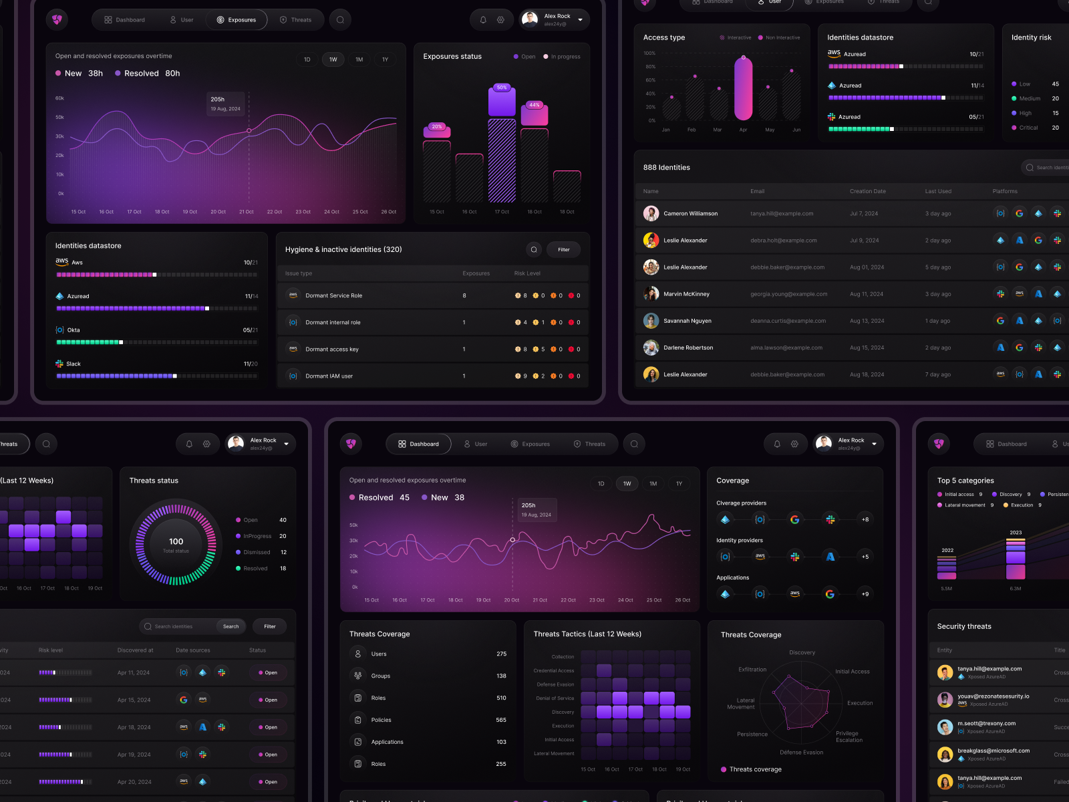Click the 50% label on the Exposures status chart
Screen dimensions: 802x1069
502,88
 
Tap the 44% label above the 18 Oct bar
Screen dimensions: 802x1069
534,105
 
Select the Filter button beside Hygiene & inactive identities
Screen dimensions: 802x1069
564,249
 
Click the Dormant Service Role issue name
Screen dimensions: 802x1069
333,295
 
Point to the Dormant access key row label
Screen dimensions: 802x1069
331,349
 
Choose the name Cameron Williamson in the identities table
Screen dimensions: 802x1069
690,214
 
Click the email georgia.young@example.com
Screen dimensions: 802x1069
788,294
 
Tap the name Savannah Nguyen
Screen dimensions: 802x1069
687,321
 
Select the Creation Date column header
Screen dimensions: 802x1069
867,191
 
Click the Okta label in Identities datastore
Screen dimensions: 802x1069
73,330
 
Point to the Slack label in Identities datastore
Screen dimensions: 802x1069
73,364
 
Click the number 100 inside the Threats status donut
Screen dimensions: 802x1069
176,541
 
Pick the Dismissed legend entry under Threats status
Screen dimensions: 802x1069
257,552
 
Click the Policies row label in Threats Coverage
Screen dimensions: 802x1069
381,720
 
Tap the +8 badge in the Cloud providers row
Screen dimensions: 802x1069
865,519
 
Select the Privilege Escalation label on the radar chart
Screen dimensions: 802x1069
849,737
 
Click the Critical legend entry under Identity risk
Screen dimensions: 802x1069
1028,128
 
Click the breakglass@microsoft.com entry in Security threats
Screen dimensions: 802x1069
993,751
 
